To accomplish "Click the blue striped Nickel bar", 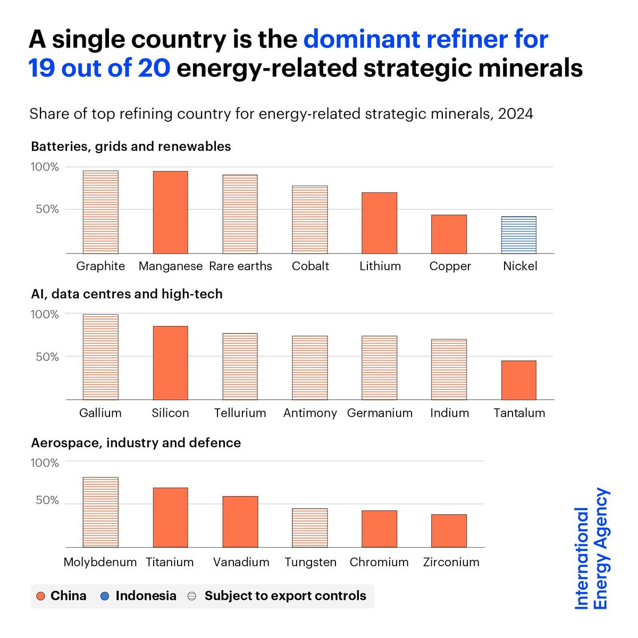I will tap(519, 235).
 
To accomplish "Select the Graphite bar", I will tap(100, 212).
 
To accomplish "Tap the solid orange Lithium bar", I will tap(380, 223).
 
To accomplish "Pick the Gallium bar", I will tap(100, 357).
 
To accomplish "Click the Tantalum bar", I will tap(519, 380).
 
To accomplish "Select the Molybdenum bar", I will tap(100, 512).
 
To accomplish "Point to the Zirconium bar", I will tap(449, 531).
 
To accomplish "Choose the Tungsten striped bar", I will tap(310, 528).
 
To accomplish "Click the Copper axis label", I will tap(450, 266).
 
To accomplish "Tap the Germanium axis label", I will tap(380, 413).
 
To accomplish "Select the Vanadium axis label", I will tap(241, 562).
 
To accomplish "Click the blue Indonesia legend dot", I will tap(105, 597).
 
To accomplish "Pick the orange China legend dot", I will tap(40, 597).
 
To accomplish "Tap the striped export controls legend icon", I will tap(192, 597).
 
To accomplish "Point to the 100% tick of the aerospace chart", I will tap(45, 463).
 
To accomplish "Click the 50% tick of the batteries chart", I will tap(47, 209).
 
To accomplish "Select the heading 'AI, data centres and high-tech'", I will tap(127, 294).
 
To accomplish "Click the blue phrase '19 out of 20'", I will tap(99, 68).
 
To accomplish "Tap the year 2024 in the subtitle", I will tap(515, 114).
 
